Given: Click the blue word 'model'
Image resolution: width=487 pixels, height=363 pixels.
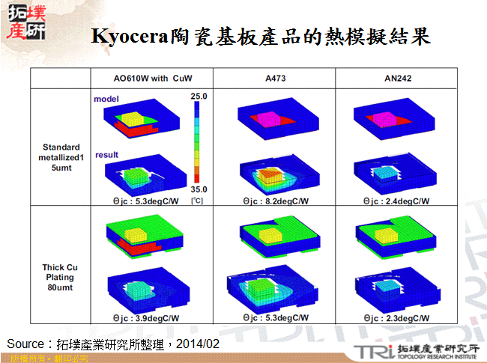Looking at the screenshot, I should tap(105, 98).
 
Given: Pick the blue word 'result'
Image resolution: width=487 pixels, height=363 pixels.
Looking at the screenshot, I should tap(106, 155).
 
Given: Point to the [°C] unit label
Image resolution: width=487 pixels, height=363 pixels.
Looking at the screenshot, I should tap(197, 201).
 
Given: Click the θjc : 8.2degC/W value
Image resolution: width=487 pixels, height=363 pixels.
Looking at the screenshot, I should tap(275, 201).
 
